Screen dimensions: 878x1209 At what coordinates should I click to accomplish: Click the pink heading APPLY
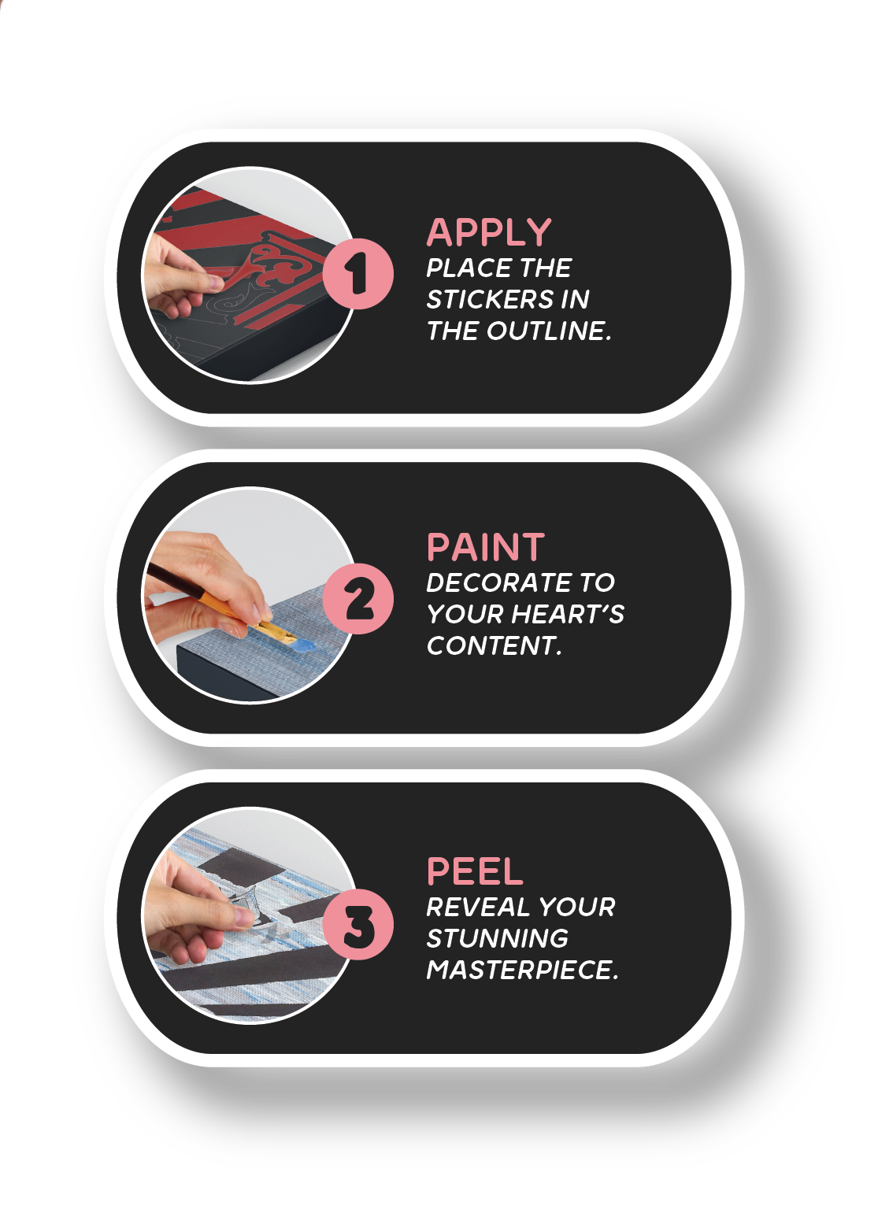[489, 232]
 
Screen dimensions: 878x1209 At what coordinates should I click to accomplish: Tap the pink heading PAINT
[485, 547]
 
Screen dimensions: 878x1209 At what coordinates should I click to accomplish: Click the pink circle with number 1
[357, 274]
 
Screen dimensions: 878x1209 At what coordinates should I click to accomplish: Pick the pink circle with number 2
[357, 598]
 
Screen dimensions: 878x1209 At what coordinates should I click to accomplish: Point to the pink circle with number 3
[357, 925]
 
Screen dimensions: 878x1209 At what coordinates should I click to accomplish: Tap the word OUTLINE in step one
[549, 331]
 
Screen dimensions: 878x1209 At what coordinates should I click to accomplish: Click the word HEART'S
[567, 614]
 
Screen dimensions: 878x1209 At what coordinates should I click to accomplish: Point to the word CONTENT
[494, 645]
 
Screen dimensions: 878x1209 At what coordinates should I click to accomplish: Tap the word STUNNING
[498, 938]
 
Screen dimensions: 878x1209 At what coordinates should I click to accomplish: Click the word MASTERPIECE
[522, 970]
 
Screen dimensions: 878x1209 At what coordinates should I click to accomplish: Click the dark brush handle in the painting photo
[168, 579]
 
